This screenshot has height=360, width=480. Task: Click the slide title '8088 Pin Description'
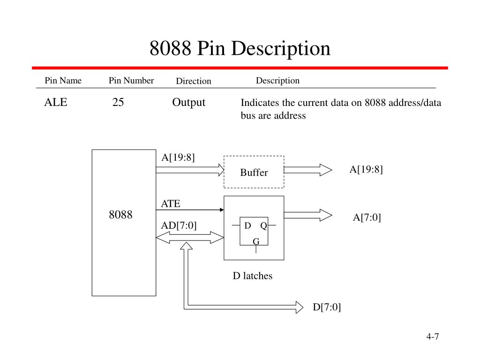tap(240, 48)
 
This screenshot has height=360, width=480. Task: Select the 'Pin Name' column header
tap(63, 81)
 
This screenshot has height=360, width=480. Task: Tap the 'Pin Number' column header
tap(131, 81)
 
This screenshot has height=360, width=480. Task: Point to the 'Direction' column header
tap(194, 81)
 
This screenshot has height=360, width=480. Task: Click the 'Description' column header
tap(277, 81)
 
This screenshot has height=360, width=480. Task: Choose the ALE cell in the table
tap(56, 102)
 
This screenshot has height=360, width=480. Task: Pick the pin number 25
tap(118, 102)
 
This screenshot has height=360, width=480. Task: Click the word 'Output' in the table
tap(188, 102)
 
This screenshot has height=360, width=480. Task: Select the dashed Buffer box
tap(254, 172)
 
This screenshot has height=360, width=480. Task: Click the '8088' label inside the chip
tap(121, 215)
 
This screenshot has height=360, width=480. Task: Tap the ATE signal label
tap(171, 203)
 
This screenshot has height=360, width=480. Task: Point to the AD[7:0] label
tap(179, 225)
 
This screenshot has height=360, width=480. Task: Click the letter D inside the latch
tap(247, 226)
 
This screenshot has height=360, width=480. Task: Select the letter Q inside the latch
tap(263, 226)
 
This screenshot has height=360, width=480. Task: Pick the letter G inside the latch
tap(256, 241)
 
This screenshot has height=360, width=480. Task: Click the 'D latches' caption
tap(253, 276)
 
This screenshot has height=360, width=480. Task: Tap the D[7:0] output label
tap(327, 307)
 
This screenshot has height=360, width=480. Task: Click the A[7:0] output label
tap(367, 217)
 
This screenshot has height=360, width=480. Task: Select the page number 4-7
tap(432, 337)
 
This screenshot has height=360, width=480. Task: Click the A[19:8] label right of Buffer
tap(366, 170)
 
